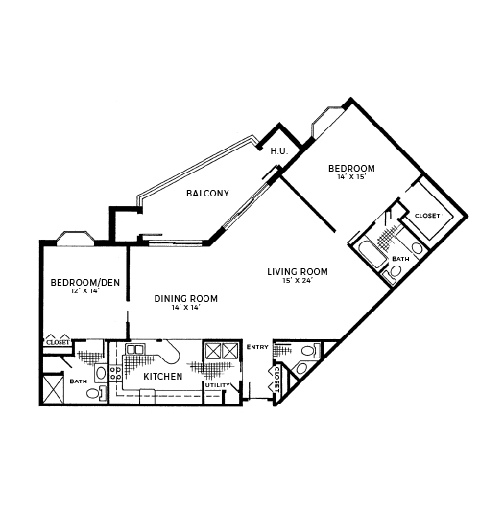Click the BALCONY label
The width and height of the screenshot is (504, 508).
(207, 194)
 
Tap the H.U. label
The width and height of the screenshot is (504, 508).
(279, 151)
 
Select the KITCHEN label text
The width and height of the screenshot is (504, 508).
(163, 376)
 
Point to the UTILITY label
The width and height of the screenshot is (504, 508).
(217, 385)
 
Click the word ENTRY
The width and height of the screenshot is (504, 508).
(257, 347)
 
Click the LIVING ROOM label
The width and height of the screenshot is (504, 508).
(298, 272)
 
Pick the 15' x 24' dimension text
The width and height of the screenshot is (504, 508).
(298, 281)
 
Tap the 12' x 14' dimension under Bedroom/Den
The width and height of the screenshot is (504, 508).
(84, 291)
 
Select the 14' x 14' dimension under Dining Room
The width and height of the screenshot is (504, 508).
(185, 307)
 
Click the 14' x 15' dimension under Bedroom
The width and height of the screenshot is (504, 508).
(351, 177)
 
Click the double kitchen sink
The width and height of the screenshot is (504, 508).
(134, 349)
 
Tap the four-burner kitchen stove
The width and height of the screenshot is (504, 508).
(115, 373)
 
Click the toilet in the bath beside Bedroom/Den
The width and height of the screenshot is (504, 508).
(96, 393)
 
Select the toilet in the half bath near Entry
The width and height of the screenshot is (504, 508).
(310, 351)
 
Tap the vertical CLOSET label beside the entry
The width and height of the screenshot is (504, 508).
(277, 379)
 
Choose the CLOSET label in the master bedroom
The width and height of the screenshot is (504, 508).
(427, 216)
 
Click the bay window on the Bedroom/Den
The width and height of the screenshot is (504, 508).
(76, 238)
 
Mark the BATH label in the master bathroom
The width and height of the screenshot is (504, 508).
(400, 259)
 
